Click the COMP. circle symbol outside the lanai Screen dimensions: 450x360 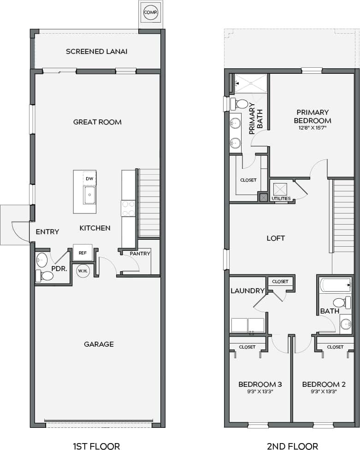pyautogui.click(x=151, y=12)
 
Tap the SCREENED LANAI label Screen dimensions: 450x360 pyautogui.click(x=96, y=51)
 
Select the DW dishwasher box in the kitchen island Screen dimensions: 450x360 pyautogui.click(x=90, y=178)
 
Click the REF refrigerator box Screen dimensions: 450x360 pyautogui.click(x=83, y=253)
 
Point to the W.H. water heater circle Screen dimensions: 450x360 pyautogui.click(x=83, y=271)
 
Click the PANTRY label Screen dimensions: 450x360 pyautogui.click(x=140, y=254)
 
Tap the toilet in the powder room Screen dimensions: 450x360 pyautogui.click(x=45, y=276)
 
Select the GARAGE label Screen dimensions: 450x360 pyautogui.click(x=99, y=344)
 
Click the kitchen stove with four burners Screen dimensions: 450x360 pyautogui.click(x=128, y=208)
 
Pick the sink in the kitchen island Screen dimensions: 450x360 pyautogui.click(x=89, y=195)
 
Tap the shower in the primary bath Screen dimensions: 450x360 pyautogui.click(x=251, y=83)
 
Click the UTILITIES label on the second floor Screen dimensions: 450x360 pyautogui.click(x=281, y=199)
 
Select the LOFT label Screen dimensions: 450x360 pyautogui.click(x=276, y=238)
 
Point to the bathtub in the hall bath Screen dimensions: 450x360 pyautogui.click(x=336, y=285)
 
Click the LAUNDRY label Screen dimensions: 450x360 pyautogui.click(x=247, y=291)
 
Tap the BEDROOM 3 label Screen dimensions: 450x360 pyautogui.click(x=260, y=384)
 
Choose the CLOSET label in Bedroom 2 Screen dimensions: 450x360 pyautogui.click(x=335, y=347)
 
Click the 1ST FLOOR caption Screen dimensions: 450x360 pyautogui.click(x=96, y=446)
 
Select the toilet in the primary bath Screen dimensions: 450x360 pyautogui.click(x=239, y=104)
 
